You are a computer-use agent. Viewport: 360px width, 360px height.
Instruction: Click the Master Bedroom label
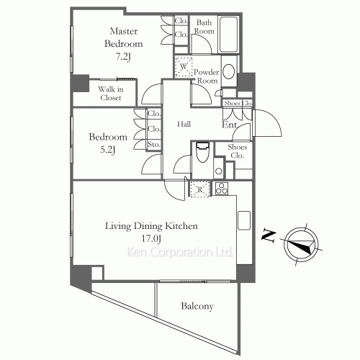coord(124,37)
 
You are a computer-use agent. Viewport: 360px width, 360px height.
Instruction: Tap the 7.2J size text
coord(123,57)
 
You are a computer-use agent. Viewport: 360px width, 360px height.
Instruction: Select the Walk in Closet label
coord(111,94)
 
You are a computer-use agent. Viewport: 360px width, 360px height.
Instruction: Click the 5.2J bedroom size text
coord(108,150)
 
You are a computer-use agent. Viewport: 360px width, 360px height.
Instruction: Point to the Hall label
coord(184,124)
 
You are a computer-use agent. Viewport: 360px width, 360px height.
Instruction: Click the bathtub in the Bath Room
coord(228,34)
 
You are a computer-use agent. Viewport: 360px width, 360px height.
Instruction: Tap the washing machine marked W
coord(184,67)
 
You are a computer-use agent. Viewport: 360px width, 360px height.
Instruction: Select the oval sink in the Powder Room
coord(229,71)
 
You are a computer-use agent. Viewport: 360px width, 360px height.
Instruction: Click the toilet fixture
coord(203,153)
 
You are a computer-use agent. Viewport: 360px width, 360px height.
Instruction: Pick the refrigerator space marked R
coord(200,189)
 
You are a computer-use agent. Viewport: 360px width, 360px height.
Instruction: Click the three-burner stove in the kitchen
coord(222,189)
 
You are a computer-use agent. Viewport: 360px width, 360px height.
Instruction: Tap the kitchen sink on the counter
coord(244,220)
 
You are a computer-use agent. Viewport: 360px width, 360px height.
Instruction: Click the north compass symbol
coord(301,245)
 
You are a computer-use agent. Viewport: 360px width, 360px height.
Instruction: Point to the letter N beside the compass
coord(269,235)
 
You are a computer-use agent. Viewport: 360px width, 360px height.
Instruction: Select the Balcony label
coord(197,306)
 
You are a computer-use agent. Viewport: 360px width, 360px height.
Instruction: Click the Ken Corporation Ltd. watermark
coord(179,252)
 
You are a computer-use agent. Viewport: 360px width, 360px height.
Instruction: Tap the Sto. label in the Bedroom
coord(154,145)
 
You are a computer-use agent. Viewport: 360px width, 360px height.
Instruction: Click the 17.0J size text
coord(151,238)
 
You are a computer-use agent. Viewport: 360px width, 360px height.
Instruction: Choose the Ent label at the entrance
coord(229,125)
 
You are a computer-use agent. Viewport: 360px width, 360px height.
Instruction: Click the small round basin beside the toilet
coord(219,171)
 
